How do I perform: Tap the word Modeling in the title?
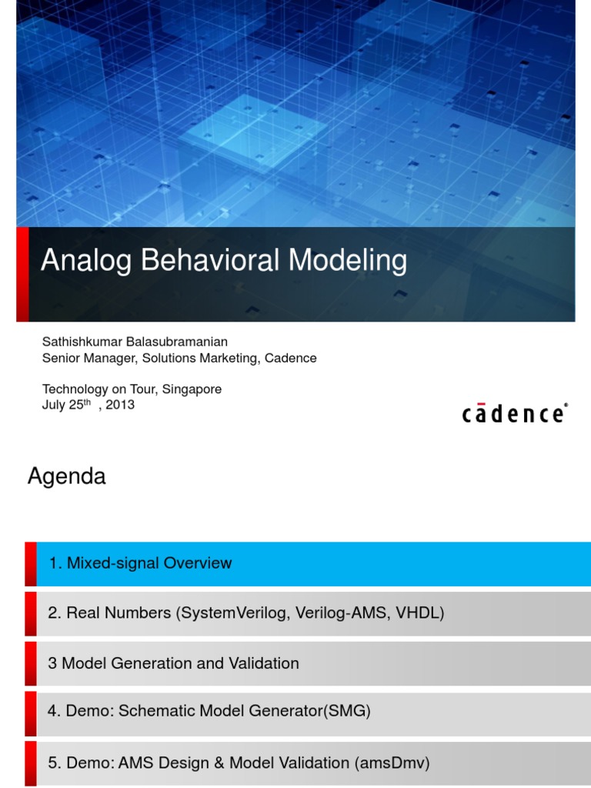348,262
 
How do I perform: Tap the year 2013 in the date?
120,405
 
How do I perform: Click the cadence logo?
515,413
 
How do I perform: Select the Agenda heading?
66,477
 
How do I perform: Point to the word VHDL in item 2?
420,613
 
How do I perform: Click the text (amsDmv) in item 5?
392,763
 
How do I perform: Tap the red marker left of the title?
22,273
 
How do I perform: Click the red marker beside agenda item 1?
30,563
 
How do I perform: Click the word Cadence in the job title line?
291,358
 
